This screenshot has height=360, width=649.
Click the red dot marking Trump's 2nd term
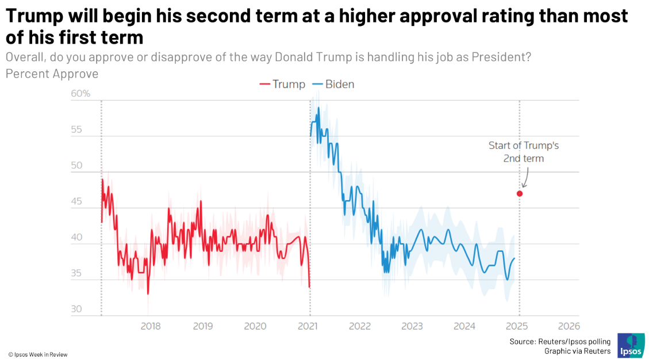pyautogui.click(x=520, y=194)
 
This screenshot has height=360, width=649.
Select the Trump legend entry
pyautogui.click(x=283, y=84)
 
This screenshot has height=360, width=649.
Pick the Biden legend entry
pyautogui.click(x=333, y=84)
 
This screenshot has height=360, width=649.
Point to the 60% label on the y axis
pyautogui.click(x=80, y=93)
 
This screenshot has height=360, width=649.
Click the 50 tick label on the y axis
pyautogui.click(x=76, y=166)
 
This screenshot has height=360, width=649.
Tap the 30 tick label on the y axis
pyautogui.click(x=76, y=309)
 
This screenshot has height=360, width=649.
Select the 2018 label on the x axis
pyautogui.click(x=151, y=326)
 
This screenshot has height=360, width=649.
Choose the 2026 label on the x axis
pyautogui.click(x=569, y=326)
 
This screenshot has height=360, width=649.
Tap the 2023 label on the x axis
pyautogui.click(x=412, y=326)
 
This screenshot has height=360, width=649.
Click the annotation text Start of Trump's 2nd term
pyautogui.click(x=523, y=152)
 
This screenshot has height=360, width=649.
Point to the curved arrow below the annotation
pyautogui.click(x=525, y=178)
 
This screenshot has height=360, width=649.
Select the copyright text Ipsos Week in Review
pyautogui.click(x=38, y=354)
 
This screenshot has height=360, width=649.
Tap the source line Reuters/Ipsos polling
pyautogui.click(x=560, y=342)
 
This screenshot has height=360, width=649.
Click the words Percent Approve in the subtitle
pyautogui.click(x=52, y=74)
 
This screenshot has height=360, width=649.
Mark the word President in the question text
pyautogui.click(x=500, y=58)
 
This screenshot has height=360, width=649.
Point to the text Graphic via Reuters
pyautogui.click(x=577, y=351)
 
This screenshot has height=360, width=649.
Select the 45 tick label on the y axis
pyautogui.click(x=76, y=202)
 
